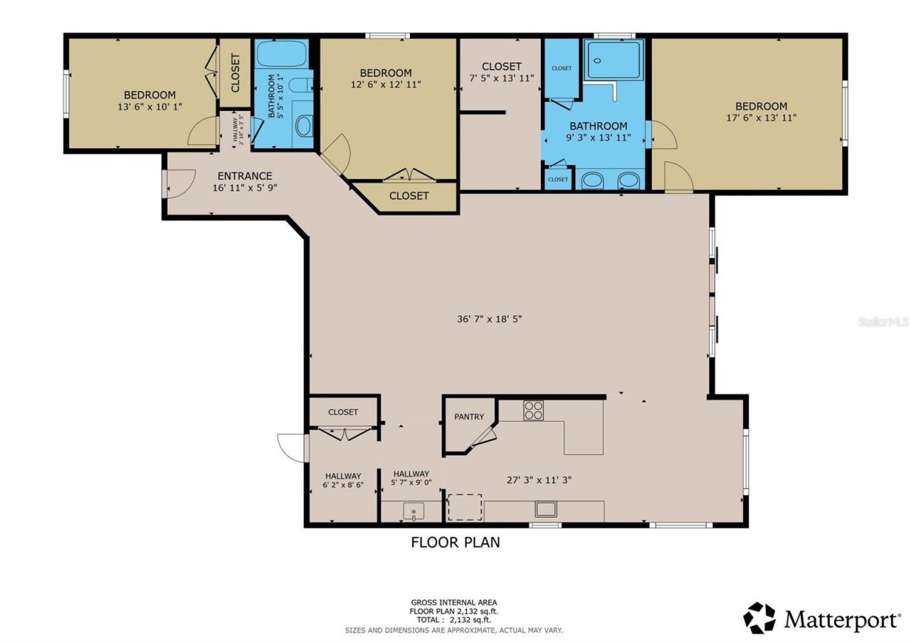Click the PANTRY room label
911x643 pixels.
click(x=469, y=417)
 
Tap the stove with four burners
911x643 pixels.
click(x=533, y=410)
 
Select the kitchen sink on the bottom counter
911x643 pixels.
click(x=547, y=509)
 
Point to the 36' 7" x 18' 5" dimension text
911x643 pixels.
click(x=490, y=319)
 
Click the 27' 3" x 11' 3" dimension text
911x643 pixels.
click(x=539, y=480)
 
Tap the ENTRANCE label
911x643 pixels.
click(x=244, y=176)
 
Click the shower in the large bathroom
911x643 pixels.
click(x=614, y=60)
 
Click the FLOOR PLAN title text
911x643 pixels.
click(x=455, y=543)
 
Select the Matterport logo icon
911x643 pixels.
click(x=760, y=617)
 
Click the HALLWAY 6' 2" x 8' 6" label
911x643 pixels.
click(x=343, y=481)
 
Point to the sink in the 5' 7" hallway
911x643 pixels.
click(x=413, y=511)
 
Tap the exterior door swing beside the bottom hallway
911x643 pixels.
click(x=290, y=447)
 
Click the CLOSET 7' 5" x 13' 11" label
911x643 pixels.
click(x=501, y=73)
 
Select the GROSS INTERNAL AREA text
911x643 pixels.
click(x=453, y=602)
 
